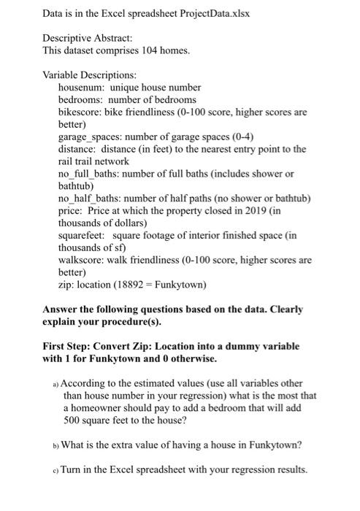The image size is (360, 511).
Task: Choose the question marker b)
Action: pos(56,443)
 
